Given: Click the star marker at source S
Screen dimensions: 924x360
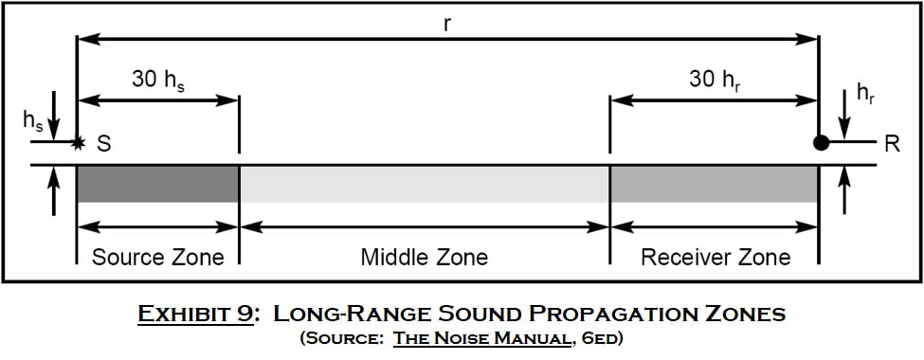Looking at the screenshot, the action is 77,143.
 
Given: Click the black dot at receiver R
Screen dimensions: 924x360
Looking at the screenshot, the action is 821,143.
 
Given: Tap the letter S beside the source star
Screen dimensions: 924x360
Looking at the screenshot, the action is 103,144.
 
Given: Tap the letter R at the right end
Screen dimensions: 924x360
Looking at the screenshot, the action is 892,144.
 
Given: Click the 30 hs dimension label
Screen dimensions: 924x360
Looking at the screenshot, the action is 158,81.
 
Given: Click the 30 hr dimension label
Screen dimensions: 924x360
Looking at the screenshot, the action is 715,81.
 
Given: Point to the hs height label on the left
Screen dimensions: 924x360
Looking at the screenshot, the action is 33,120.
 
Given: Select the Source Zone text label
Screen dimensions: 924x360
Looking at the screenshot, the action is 158,258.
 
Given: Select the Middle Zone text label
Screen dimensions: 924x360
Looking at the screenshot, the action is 425,258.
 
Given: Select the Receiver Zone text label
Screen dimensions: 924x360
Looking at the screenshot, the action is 716,258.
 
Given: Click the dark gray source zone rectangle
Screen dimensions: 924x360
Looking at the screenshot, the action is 158,185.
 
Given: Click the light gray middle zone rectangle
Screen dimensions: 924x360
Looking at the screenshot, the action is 425,185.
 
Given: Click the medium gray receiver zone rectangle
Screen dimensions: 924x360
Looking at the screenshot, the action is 715,185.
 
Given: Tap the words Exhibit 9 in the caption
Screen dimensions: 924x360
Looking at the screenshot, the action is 195,314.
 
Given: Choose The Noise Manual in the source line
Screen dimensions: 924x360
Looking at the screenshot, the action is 480,339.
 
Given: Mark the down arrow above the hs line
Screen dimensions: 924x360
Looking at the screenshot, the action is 54,115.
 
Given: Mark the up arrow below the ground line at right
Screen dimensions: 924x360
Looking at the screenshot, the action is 845,190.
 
